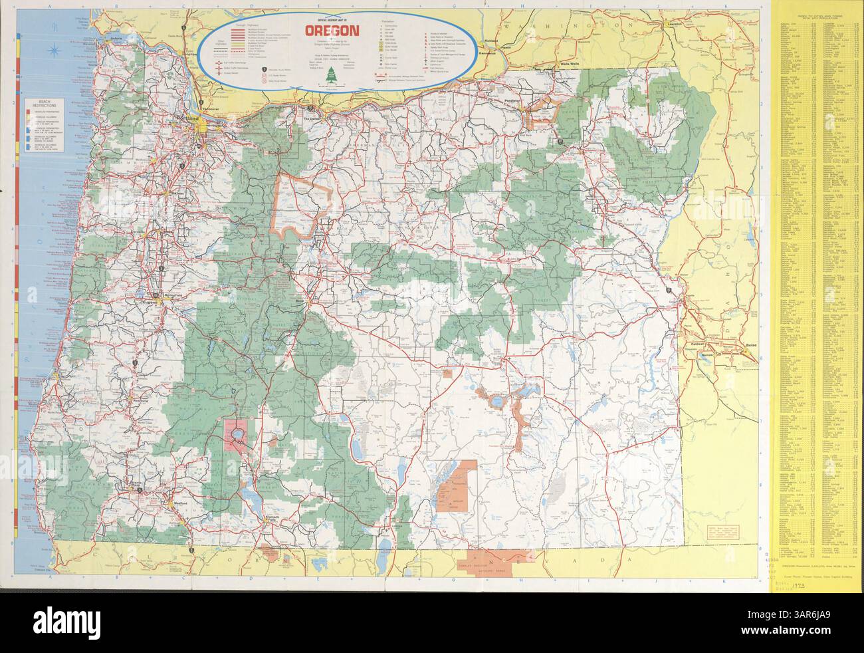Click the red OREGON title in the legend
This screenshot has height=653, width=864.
(x=332, y=30)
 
